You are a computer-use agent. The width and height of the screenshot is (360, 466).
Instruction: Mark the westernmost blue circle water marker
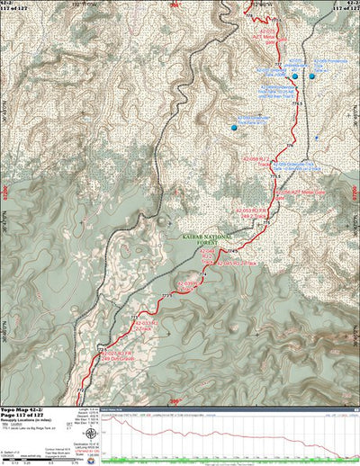click(235, 128)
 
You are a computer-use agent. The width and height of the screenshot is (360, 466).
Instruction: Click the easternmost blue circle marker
click(312, 76)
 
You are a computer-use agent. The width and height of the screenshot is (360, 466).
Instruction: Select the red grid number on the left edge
click(4, 191)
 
